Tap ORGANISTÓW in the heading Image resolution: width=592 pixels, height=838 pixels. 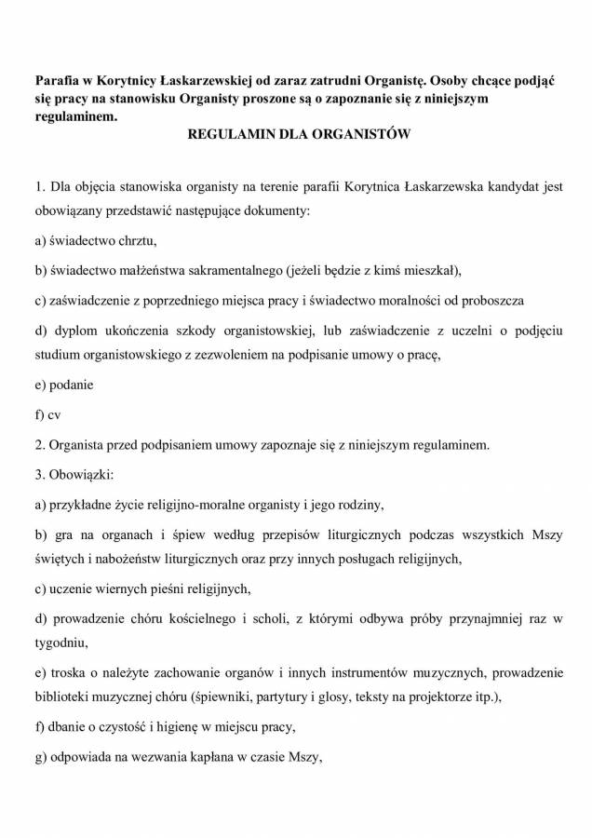(359, 134)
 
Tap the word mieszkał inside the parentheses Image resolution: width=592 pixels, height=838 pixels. (426, 271)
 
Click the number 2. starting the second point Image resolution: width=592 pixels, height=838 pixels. (38, 444)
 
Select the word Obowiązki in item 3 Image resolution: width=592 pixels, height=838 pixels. (80, 474)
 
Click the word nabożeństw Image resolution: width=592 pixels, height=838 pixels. (114, 560)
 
